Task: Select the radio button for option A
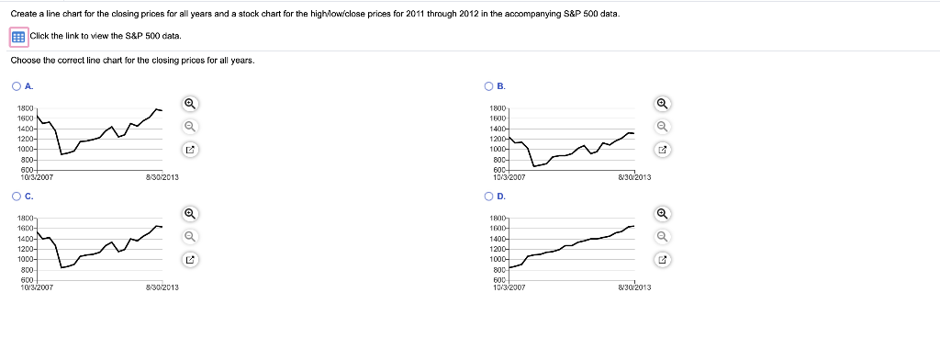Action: click(17, 86)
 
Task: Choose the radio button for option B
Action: click(488, 86)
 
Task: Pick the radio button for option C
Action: click(17, 196)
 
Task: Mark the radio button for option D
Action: click(488, 196)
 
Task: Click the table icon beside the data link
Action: click(17, 36)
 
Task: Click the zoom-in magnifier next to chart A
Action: click(190, 103)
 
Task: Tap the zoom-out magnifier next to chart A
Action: click(190, 126)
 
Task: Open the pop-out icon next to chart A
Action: click(190, 149)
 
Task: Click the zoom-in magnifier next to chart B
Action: click(662, 103)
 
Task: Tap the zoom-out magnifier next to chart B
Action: click(662, 126)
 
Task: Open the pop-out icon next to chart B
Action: click(662, 149)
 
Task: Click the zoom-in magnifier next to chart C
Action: click(190, 213)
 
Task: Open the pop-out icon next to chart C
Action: click(190, 259)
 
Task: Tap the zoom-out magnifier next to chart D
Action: click(662, 236)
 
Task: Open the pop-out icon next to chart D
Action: click(662, 259)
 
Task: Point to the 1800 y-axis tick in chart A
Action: click(25, 108)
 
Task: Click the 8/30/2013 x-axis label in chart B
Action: click(634, 177)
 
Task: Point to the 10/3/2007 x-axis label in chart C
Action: click(36, 287)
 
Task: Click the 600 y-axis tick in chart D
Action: click(498, 280)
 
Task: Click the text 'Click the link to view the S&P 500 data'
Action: click(105, 36)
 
